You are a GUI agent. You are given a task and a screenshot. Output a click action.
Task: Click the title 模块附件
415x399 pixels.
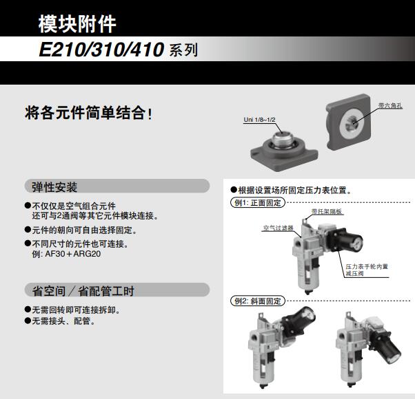point(77,24)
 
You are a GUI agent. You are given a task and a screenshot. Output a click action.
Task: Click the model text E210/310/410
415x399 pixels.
point(101,50)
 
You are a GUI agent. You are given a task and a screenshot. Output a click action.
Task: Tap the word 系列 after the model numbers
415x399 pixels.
point(183,51)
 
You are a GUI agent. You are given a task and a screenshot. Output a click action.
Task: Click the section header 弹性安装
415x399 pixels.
point(55,187)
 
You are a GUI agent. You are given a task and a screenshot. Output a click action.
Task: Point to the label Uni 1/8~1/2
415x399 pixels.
point(259,120)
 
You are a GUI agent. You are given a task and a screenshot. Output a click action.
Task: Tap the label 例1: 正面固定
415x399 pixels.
point(256,203)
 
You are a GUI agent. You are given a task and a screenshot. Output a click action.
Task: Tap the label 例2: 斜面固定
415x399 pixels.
point(256,301)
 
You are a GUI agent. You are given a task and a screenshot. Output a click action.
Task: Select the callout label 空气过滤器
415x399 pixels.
point(277,227)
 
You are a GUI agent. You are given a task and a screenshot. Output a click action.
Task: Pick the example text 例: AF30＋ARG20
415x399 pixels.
point(67,253)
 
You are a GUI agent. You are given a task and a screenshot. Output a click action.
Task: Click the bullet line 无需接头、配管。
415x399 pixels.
point(63,321)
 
